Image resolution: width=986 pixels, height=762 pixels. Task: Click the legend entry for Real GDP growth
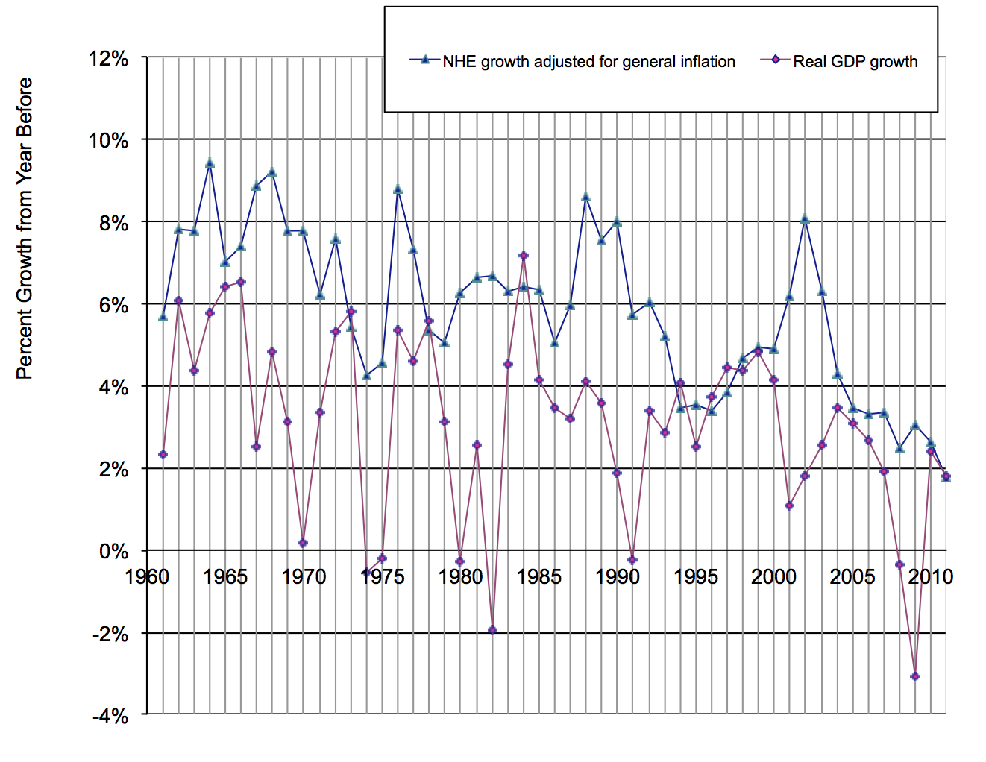pyautogui.click(x=854, y=62)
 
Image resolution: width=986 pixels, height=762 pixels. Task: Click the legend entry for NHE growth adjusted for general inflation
pyautogui.click(x=588, y=62)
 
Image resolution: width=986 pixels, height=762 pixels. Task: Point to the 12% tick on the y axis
pyautogui.click(x=109, y=58)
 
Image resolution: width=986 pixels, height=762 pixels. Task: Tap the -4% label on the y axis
pyautogui.click(x=110, y=717)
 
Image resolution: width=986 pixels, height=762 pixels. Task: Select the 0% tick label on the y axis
pyautogui.click(x=113, y=552)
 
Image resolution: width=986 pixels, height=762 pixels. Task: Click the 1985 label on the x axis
pyautogui.click(x=538, y=576)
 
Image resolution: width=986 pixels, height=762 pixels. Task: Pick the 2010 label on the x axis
pyautogui.click(x=930, y=576)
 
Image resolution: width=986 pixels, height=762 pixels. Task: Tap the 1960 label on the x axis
pyautogui.click(x=147, y=576)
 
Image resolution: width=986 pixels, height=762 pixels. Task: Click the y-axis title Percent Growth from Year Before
pyautogui.click(x=25, y=228)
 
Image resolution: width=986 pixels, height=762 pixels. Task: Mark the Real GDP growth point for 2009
pyautogui.click(x=915, y=676)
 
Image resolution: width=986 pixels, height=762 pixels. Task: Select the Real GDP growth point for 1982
pyautogui.click(x=492, y=630)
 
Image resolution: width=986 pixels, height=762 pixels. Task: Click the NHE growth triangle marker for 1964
pyautogui.click(x=210, y=163)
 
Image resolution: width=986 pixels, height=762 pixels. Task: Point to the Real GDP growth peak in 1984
pyautogui.click(x=524, y=256)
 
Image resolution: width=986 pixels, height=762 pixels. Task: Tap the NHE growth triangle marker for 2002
pyautogui.click(x=805, y=219)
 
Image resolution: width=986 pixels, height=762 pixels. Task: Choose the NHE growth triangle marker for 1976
pyautogui.click(x=398, y=189)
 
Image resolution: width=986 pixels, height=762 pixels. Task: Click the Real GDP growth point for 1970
pyautogui.click(x=304, y=543)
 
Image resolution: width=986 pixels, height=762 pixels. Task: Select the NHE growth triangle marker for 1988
pyautogui.click(x=585, y=197)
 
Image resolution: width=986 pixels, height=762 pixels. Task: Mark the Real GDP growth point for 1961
pyautogui.click(x=163, y=454)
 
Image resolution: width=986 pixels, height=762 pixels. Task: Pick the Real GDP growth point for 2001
pyautogui.click(x=789, y=506)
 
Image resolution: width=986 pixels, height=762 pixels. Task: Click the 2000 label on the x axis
pyautogui.click(x=773, y=576)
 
